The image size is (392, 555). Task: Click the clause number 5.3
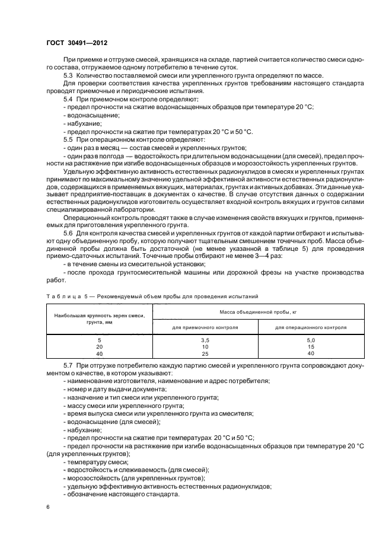(x=69, y=75)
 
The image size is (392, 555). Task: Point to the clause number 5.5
(x=69, y=139)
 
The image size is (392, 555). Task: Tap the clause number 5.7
(x=69, y=367)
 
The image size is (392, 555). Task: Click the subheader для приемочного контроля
(x=196, y=327)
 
